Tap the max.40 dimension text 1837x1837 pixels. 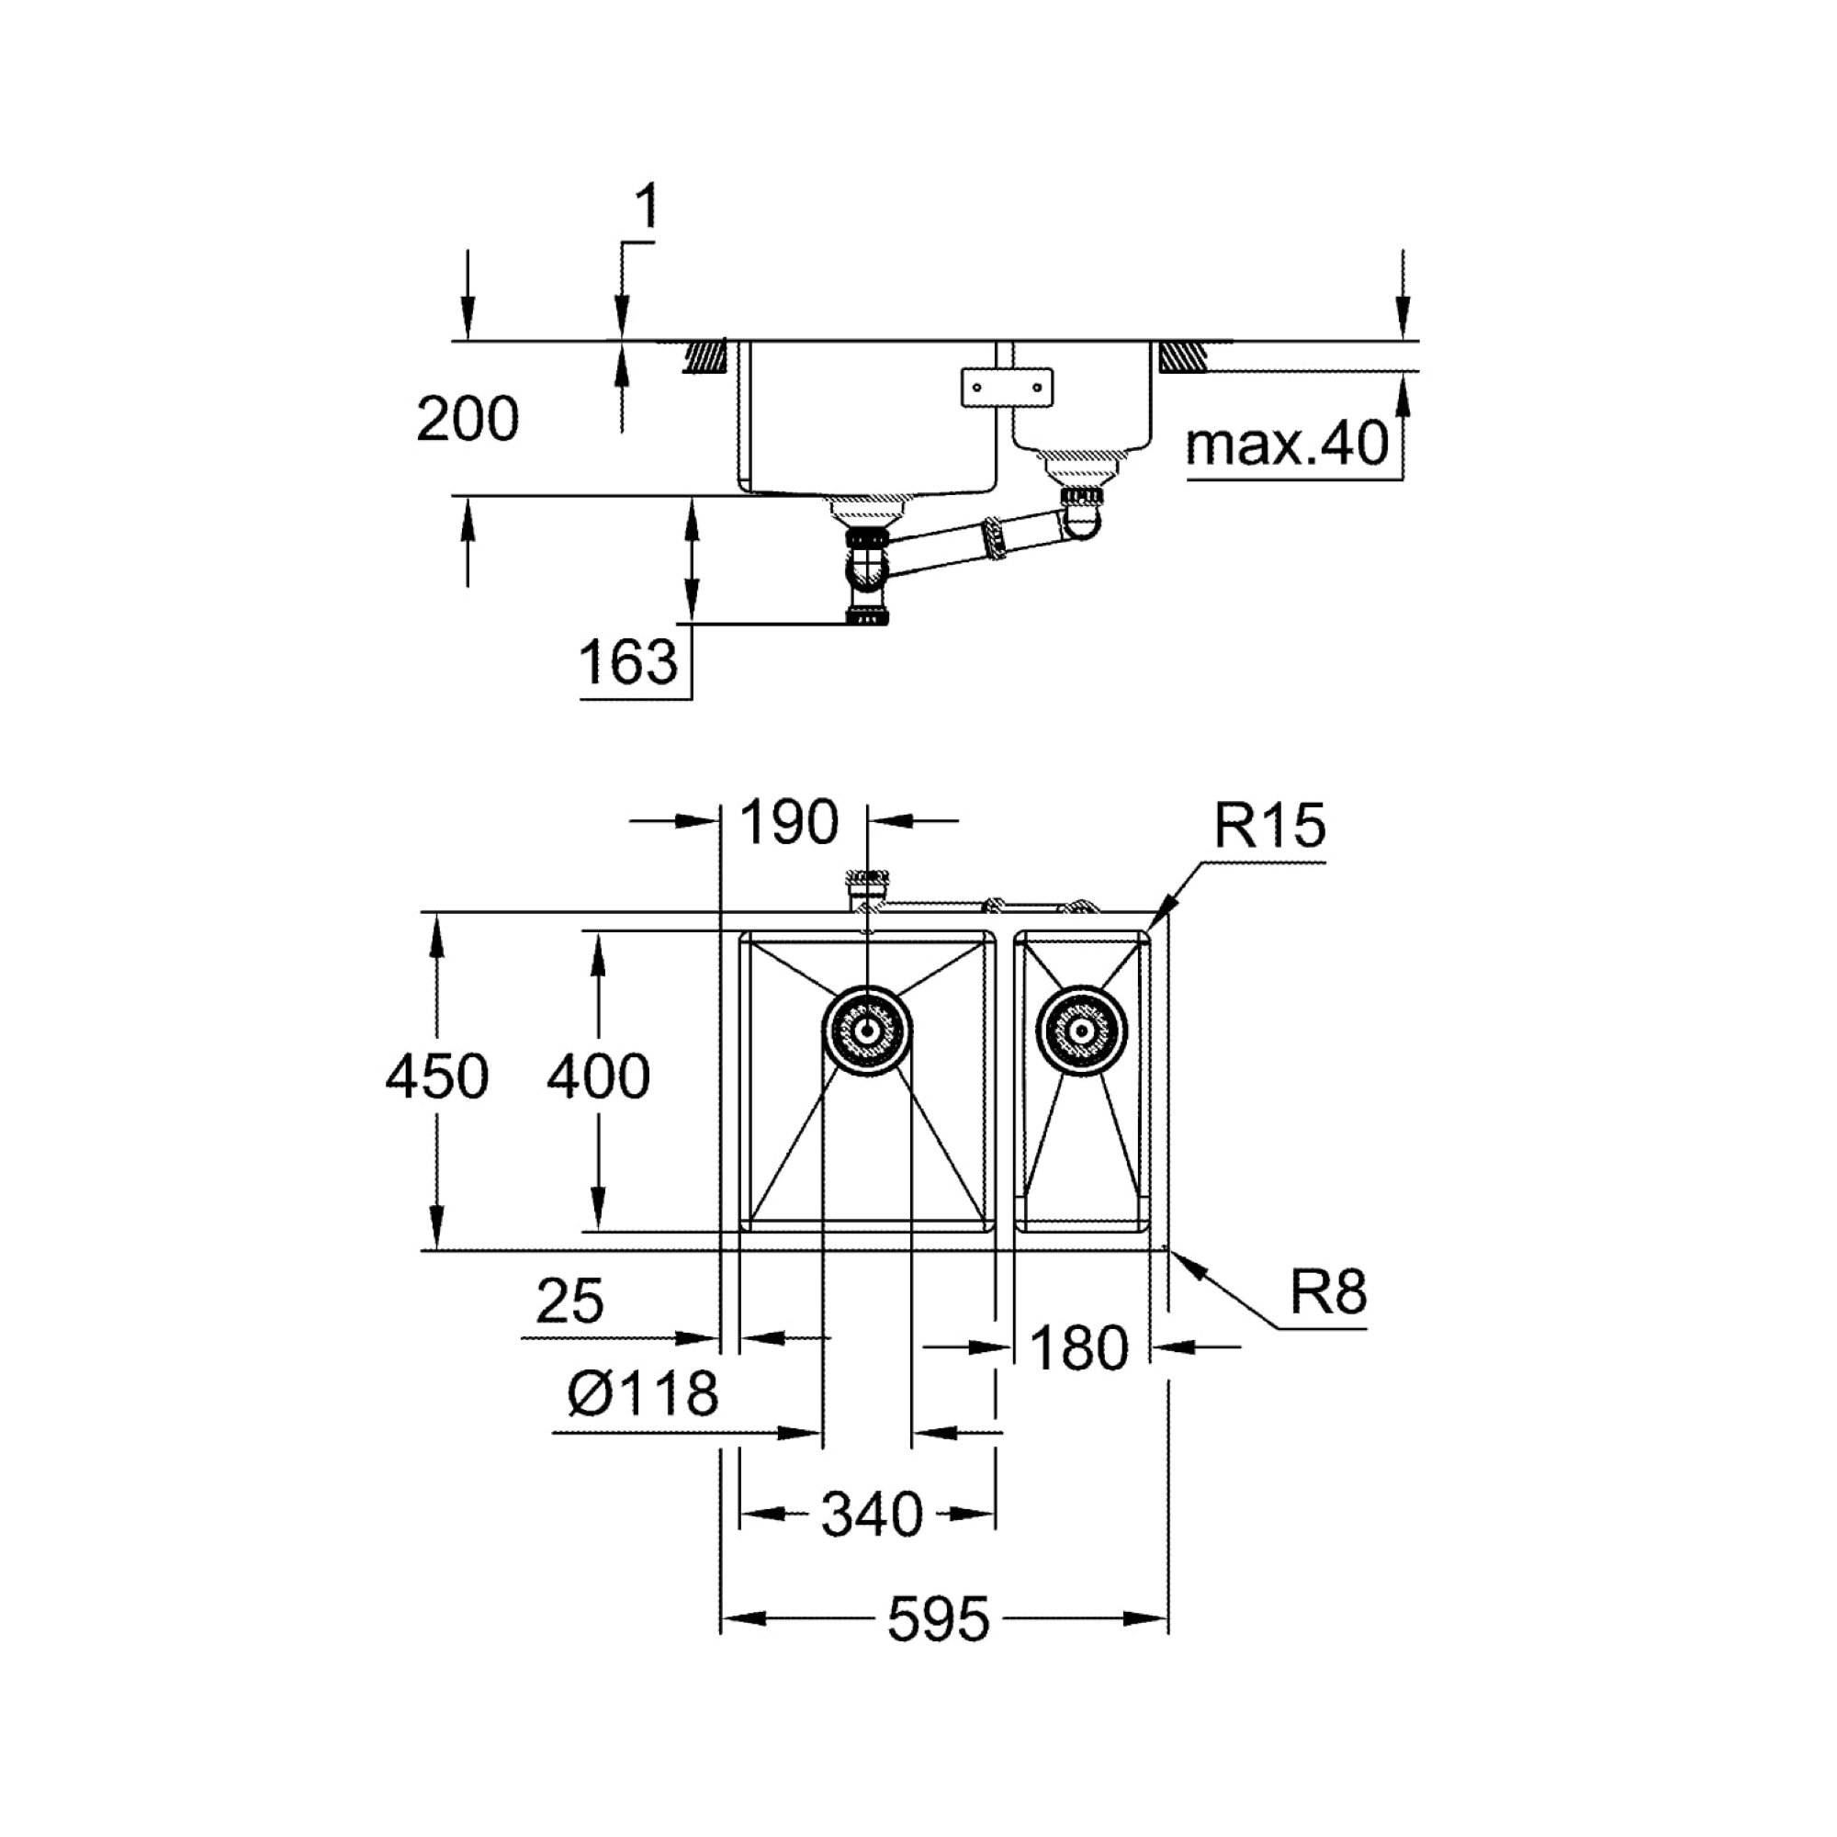[x=1288, y=443]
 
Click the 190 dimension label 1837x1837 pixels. [x=789, y=821]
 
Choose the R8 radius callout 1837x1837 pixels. [x=1328, y=1291]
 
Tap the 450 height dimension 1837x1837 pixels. [x=437, y=1076]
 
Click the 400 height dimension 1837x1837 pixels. [x=599, y=1076]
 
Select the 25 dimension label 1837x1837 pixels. [x=569, y=1301]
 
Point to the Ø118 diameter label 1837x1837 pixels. [x=643, y=1394]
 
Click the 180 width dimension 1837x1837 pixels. [x=1078, y=1348]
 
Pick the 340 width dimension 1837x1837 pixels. [x=872, y=1514]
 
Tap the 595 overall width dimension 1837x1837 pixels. [x=939, y=1619]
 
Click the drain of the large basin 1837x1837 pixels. [x=866, y=1031]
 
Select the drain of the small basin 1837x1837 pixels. [x=1082, y=1031]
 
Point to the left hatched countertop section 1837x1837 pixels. [x=705, y=356]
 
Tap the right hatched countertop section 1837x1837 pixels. [x=1183, y=356]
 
